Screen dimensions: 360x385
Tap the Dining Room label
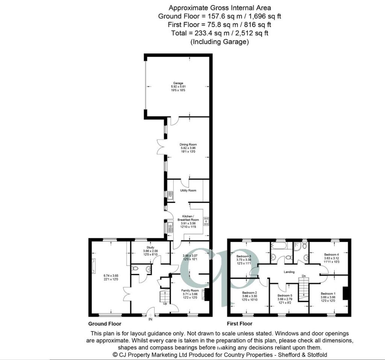pyautogui.click(x=188, y=144)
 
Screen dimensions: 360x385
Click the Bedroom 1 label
pyautogui.click(x=328, y=293)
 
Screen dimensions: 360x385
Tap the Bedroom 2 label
pyautogui.click(x=249, y=293)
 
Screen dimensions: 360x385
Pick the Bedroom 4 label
pyautogui.click(x=331, y=254)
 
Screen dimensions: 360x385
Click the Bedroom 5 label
pyautogui.click(x=285, y=295)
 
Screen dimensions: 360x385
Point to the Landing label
pyautogui.click(x=289, y=272)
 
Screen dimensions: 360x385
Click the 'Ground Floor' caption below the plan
pyautogui.click(x=105, y=324)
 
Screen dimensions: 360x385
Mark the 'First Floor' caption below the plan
pyautogui.click(x=239, y=324)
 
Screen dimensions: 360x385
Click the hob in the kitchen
pyautogui.click(x=206, y=221)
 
